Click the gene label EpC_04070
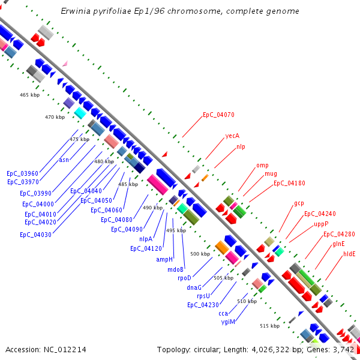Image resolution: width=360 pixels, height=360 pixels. (x=218, y=114)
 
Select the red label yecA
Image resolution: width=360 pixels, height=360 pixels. (x=232, y=136)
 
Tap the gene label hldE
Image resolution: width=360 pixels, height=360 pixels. (x=349, y=254)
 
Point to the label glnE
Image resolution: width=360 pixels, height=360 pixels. (x=338, y=244)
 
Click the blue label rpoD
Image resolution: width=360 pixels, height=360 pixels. (x=184, y=278)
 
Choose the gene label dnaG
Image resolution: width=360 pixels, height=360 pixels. (x=194, y=287)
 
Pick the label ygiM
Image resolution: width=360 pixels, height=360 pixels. (x=227, y=322)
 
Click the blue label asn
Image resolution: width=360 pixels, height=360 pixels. (x=64, y=160)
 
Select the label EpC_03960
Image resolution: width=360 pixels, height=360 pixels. (x=22, y=173)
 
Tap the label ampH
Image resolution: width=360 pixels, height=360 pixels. (x=164, y=259)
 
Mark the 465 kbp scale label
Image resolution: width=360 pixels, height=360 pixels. (x=29, y=95)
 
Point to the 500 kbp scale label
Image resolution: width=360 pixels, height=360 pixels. (x=200, y=254)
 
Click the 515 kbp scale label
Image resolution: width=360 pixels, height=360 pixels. (x=269, y=326)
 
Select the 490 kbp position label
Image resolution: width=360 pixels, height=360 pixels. (x=152, y=208)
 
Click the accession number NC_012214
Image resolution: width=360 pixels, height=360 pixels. (x=65, y=349)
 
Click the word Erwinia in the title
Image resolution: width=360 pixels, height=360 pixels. (x=76, y=11)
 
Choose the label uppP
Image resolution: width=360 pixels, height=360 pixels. (x=321, y=224)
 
